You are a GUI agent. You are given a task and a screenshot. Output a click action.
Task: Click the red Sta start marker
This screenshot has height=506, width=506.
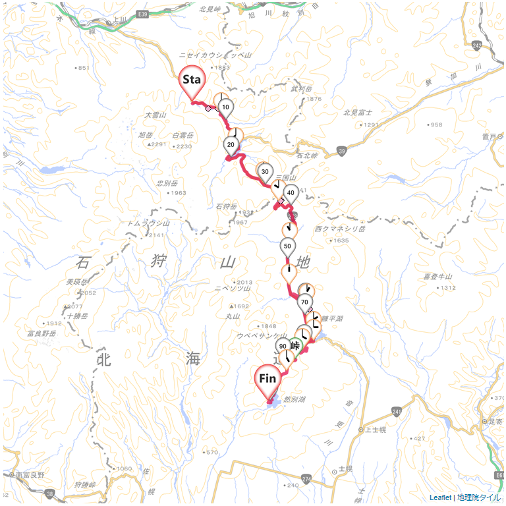point(192,80)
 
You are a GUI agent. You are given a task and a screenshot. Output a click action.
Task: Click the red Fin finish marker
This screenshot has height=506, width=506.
point(267,379)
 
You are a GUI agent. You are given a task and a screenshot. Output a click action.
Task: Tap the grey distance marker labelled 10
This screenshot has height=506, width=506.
point(225,107)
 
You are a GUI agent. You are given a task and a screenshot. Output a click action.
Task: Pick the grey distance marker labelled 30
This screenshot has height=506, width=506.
point(265,172)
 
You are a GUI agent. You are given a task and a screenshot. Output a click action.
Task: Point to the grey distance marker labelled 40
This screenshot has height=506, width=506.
point(291,193)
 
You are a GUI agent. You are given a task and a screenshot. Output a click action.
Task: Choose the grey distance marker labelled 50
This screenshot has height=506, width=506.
point(287,246)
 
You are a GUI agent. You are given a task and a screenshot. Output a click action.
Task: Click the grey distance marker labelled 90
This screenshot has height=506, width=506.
point(283,347)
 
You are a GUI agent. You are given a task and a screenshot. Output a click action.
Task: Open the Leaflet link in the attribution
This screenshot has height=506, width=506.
point(440,497)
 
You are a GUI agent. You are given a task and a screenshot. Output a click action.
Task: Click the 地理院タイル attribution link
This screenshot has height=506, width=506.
point(479,497)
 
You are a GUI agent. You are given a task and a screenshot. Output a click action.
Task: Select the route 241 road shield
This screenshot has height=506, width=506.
point(395,412)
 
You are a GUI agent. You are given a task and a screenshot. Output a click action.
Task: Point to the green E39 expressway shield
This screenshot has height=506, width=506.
point(144,14)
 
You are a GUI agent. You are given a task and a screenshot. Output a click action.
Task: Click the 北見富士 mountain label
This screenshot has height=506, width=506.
point(358,113)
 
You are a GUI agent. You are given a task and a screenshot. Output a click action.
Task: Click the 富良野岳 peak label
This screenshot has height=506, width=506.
point(42,333)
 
